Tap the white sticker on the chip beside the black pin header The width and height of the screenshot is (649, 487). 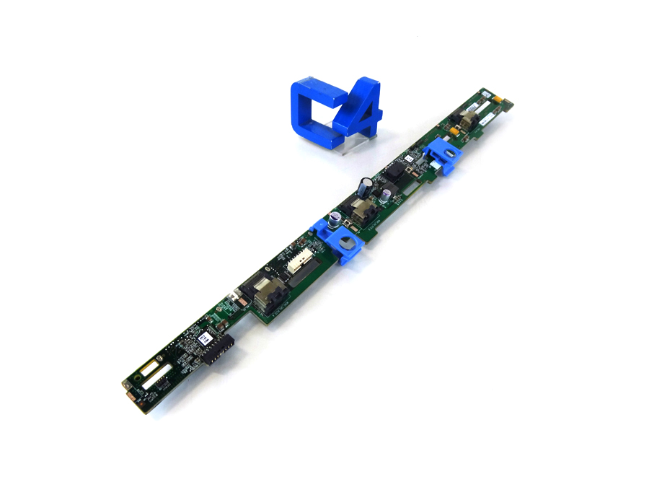coord(204,336)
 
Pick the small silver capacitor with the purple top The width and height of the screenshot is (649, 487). coord(389,195)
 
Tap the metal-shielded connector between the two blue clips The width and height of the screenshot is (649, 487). coord(359,211)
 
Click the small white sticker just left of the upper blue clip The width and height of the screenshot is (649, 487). coord(408,156)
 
